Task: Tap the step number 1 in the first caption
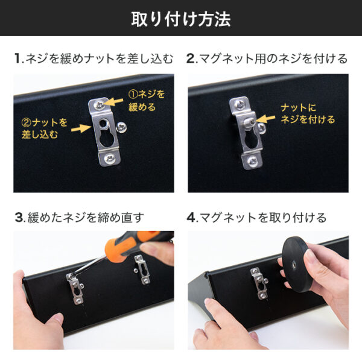tap(17, 59)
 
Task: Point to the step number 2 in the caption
tap(191, 59)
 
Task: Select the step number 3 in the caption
tap(18, 217)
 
